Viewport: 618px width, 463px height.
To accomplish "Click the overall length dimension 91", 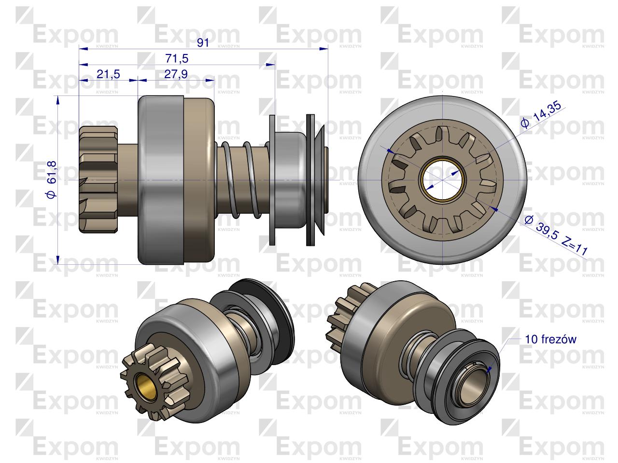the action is click(203, 43).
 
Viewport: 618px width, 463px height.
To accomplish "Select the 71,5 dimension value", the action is click(177, 58).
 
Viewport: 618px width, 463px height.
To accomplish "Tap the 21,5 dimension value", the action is click(108, 74).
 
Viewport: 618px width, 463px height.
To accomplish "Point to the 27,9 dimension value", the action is click(176, 74).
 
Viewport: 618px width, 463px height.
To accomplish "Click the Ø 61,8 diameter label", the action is click(52, 180).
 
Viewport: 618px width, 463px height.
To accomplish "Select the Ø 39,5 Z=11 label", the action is click(556, 235).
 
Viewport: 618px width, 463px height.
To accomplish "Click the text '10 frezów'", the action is click(550, 340).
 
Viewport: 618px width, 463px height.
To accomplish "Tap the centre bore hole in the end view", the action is click(442, 179).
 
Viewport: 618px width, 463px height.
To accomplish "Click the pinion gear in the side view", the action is click(98, 179).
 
